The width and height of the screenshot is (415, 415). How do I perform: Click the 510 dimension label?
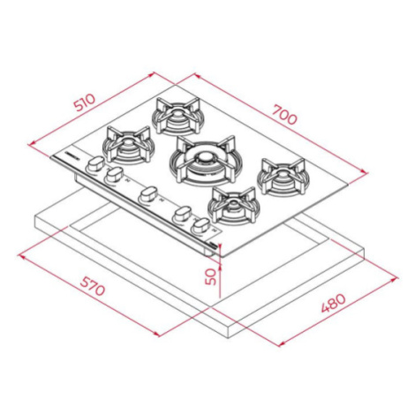click(x=85, y=102)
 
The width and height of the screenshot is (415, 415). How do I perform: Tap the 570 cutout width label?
click(x=93, y=286)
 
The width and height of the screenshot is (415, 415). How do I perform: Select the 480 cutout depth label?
click(x=333, y=303)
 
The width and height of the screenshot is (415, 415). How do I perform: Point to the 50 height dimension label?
click(x=211, y=277)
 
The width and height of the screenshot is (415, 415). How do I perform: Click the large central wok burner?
click(x=203, y=161)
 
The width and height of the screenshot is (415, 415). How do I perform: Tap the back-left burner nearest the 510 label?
click(x=177, y=117)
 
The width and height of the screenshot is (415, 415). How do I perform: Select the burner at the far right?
click(x=283, y=177)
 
